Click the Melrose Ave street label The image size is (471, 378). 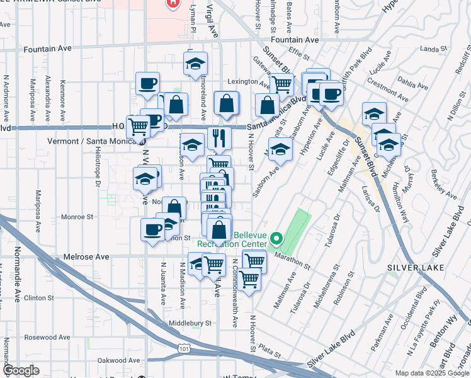[x=86, y=257]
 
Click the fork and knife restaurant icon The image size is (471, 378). [x=219, y=137]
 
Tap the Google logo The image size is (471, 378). [x=21, y=370]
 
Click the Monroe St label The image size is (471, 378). [x=77, y=217]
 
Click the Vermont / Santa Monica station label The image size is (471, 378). [x=93, y=141]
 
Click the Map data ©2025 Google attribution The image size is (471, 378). [x=431, y=373]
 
